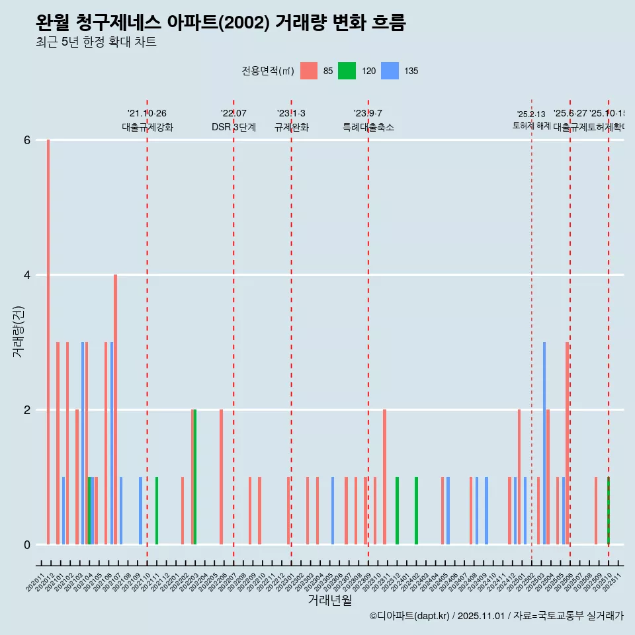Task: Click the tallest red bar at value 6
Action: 48,342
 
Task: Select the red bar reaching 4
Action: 115,409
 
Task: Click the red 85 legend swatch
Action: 309,71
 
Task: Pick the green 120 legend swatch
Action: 347,71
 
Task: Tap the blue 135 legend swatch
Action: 391,71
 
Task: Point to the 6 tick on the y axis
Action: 27,140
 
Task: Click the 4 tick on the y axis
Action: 27,275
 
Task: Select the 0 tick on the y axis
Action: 27,545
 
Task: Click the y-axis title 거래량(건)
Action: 19,331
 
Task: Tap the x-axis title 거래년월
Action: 329,600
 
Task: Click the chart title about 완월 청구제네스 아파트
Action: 220,23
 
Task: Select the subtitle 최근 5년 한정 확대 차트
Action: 96,42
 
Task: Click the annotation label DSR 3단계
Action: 233,127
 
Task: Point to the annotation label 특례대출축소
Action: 368,127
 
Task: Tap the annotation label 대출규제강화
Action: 147,127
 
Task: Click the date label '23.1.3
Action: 291,114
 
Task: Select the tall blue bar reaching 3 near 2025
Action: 544,443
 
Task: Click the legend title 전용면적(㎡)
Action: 267,71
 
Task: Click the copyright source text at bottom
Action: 496,616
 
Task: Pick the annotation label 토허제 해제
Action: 531,126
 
